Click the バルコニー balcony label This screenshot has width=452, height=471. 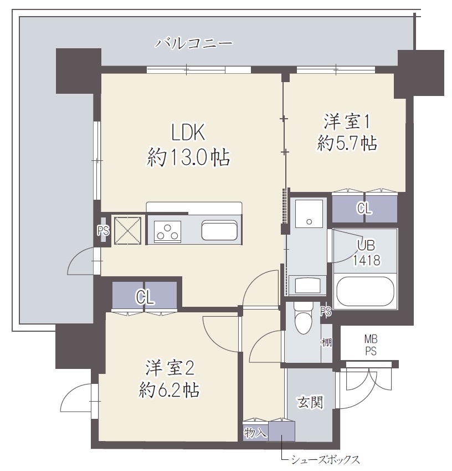193,43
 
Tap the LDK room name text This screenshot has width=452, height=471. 188,133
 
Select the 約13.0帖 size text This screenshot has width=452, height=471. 188,159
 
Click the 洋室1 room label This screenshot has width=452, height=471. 347,120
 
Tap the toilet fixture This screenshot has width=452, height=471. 304,319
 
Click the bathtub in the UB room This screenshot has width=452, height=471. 365,291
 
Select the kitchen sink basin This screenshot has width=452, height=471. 220,230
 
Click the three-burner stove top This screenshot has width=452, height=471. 168,231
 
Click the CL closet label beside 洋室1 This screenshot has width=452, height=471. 364,209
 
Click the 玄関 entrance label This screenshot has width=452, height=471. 310,402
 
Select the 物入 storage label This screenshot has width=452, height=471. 255,432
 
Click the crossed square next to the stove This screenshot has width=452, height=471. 129,230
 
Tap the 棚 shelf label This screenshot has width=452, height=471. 326,342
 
